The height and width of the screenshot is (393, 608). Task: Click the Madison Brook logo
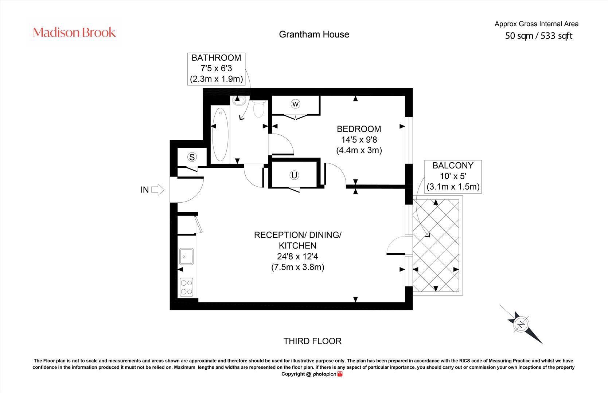[x=74, y=32]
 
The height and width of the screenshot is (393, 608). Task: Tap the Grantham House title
[x=314, y=34]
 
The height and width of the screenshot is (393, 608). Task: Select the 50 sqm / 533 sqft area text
[x=538, y=36]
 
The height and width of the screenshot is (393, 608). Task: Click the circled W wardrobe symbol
[x=295, y=104]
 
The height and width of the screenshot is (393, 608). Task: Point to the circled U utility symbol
[x=294, y=175]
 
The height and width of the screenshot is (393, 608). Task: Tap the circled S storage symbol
[x=192, y=157]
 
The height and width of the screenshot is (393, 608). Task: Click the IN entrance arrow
[x=157, y=190]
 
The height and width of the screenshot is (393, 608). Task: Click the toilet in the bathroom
[x=259, y=108]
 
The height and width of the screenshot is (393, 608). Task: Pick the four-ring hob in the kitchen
[x=187, y=287]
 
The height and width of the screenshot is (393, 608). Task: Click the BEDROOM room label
[x=359, y=129]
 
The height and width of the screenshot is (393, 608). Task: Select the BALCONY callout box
[x=453, y=176]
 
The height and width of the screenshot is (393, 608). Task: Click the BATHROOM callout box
[x=216, y=68]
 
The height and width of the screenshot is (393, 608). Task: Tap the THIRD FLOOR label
[x=312, y=341]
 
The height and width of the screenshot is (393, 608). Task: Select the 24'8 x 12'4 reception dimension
[x=297, y=256]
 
